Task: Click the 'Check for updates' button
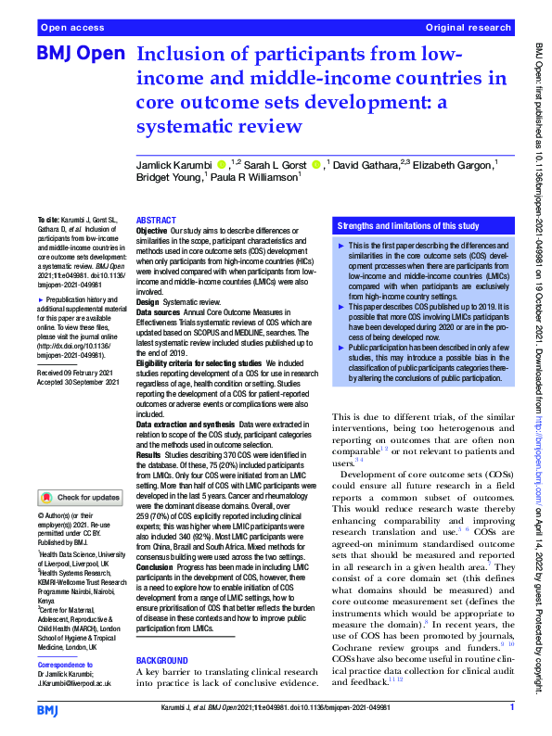click(x=81, y=498)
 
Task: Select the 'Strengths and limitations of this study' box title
click(x=408, y=225)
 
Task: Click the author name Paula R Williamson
click(x=256, y=178)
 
